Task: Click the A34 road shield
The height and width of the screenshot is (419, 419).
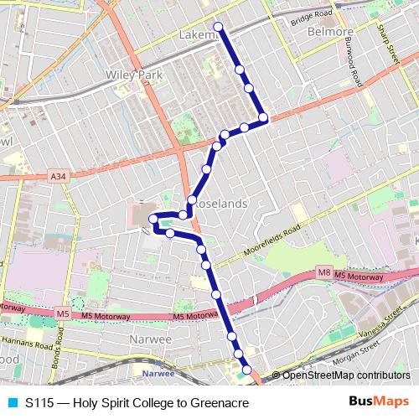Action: pyautogui.click(x=57, y=177)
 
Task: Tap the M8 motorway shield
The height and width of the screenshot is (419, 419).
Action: pyautogui.click(x=324, y=272)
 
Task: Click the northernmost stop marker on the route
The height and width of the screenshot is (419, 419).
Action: pyautogui.click(x=219, y=27)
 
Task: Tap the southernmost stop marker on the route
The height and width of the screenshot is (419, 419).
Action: pyautogui.click(x=247, y=370)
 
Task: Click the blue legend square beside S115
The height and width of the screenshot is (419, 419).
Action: pyautogui.click(x=12, y=402)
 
